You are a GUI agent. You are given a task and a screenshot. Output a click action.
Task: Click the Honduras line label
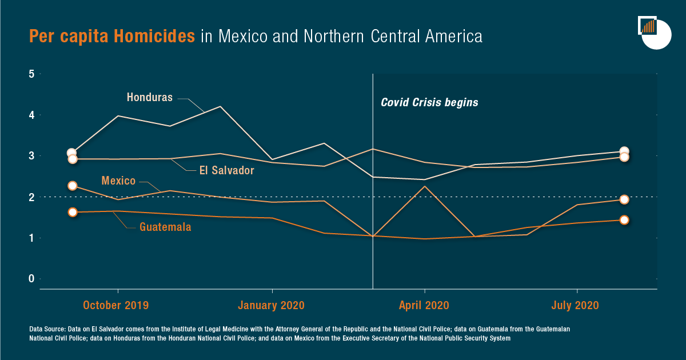point(149,98)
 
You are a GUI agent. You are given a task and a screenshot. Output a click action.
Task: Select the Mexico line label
point(118,181)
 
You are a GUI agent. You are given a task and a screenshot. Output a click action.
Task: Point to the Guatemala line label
point(165,227)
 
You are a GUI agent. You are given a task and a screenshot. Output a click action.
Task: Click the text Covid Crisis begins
point(429,103)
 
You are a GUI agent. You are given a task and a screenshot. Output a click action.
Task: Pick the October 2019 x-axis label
point(115,305)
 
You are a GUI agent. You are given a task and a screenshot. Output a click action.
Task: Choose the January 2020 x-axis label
point(272,305)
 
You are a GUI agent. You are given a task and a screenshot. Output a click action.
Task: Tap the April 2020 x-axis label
point(424,305)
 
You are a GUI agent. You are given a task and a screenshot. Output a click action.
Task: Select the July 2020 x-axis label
point(575,305)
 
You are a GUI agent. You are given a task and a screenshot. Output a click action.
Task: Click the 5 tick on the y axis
point(32,74)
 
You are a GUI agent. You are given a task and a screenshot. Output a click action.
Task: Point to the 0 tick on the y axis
point(32,279)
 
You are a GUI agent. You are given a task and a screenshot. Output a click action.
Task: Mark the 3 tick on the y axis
point(32,156)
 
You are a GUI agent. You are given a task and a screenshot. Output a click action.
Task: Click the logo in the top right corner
point(654,33)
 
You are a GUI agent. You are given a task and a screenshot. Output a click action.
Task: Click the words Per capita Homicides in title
point(112,37)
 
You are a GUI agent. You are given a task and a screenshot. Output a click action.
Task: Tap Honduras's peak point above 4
point(221,106)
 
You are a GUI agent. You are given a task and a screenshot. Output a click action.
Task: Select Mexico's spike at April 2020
point(424,186)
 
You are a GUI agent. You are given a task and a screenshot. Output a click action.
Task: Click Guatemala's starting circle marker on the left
point(73,212)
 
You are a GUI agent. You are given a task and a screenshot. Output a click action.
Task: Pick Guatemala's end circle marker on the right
point(624,220)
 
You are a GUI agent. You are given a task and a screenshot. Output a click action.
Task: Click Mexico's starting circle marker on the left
point(73,186)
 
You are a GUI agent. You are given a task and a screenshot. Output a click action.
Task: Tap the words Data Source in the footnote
point(47,330)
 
